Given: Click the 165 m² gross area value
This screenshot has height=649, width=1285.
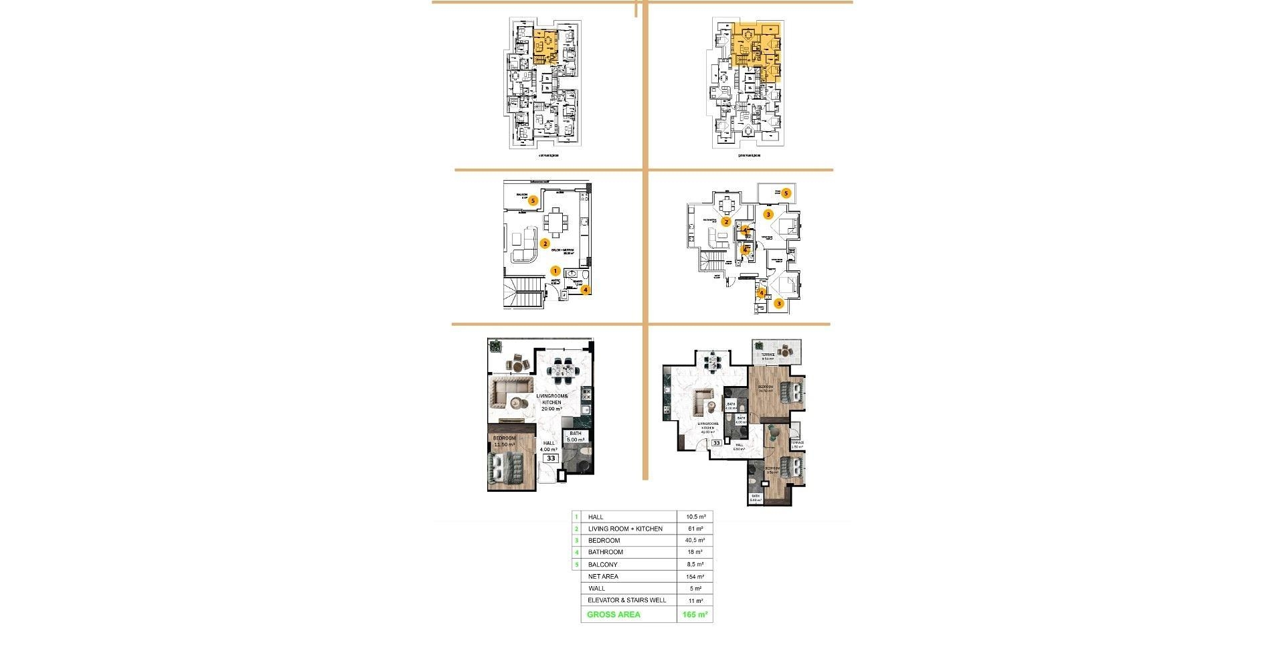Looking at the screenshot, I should (695, 615).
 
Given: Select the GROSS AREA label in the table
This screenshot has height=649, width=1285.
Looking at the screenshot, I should (613, 615).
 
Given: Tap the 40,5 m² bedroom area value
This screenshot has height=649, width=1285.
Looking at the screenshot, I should (695, 541).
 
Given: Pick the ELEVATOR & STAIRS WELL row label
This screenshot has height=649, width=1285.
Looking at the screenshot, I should (626, 601).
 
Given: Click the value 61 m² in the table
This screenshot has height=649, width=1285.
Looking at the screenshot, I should (695, 529).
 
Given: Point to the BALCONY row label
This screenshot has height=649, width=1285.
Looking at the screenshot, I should (602, 565).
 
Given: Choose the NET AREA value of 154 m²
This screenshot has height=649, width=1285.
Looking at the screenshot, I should (695, 577).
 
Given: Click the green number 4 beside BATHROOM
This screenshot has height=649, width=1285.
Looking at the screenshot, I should (576, 553).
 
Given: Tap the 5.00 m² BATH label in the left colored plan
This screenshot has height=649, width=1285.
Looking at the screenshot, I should (576, 437).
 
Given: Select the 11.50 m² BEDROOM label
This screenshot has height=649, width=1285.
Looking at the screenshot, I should (504, 442).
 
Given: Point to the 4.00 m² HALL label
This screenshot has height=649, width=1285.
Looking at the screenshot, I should (549, 446).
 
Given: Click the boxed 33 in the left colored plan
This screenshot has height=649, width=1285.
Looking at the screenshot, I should (551, 458).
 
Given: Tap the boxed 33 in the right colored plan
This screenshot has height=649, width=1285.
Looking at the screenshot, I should (716, 443).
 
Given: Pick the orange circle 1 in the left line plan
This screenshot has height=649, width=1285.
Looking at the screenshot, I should (555, 271).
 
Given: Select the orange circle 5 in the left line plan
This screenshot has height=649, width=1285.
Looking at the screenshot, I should (533, 200).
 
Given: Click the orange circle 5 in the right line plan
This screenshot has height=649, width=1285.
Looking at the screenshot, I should (786, 193).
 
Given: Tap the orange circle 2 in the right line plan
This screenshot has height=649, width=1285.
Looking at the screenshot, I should (725, 221).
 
